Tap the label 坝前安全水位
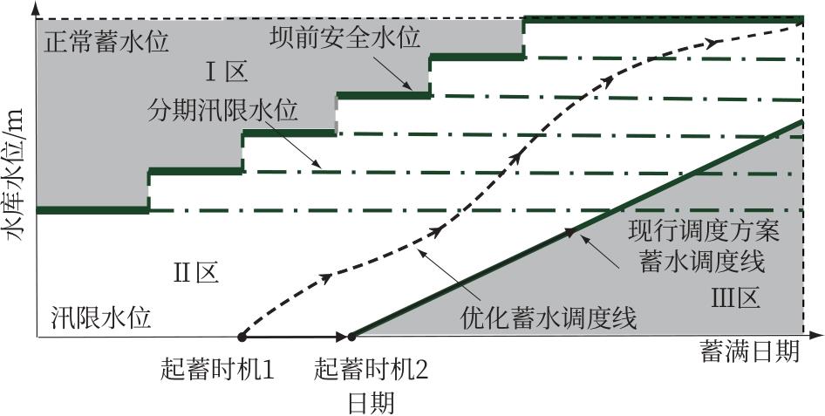coord(343,38)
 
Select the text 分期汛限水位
coord(223,113)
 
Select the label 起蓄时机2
coord(372,368)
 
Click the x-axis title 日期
coord(371,402)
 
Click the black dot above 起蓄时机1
coord(242,335)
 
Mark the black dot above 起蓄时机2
coord(351,335)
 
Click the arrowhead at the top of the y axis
coord(35,7)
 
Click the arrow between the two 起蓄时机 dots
coord(297,335)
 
